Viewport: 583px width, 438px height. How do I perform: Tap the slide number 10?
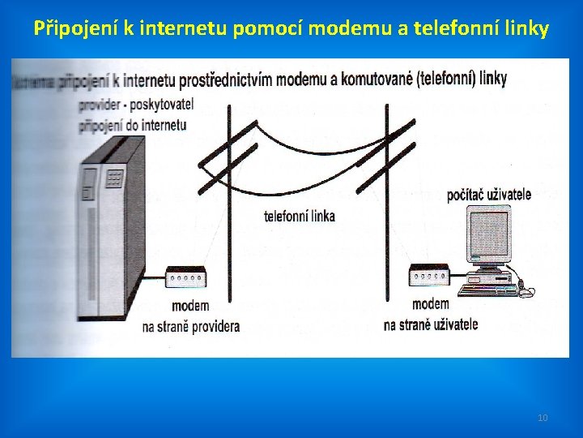pos(543,418)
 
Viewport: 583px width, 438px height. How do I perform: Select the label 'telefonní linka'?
pos(299,217)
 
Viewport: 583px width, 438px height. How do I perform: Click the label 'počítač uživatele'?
pos(489,195)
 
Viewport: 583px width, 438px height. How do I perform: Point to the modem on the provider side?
pos(188,278)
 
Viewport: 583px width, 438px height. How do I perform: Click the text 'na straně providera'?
pos(191,327)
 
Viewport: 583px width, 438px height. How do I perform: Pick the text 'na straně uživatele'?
pos(431,324)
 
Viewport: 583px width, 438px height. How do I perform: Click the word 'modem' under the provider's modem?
pos(190,306)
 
